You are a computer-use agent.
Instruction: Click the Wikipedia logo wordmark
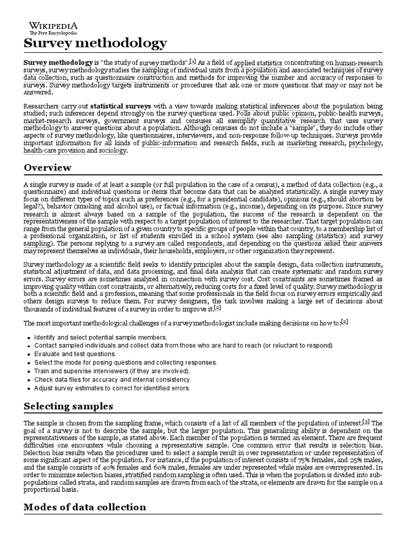pyautogui.click(x=53, y=25)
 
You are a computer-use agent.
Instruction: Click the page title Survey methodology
pyautogui.click(x=95, y=43)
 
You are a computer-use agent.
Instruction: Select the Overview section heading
pyautogui.click(x=48, y=167)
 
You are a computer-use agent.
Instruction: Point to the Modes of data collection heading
pyautogui.click(x=85, y=507)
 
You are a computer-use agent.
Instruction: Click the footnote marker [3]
pyautogui.click(x=366, y=421)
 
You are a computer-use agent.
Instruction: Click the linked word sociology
pyautogui.click(x=114, y=151)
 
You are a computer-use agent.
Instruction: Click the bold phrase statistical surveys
pyautogui.click(x=121, y=106)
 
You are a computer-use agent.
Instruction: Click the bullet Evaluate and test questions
pyautogui.click(x=75, y=353)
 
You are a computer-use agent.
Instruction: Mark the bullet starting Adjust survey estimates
pyautogui.click(x=112, y=388)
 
